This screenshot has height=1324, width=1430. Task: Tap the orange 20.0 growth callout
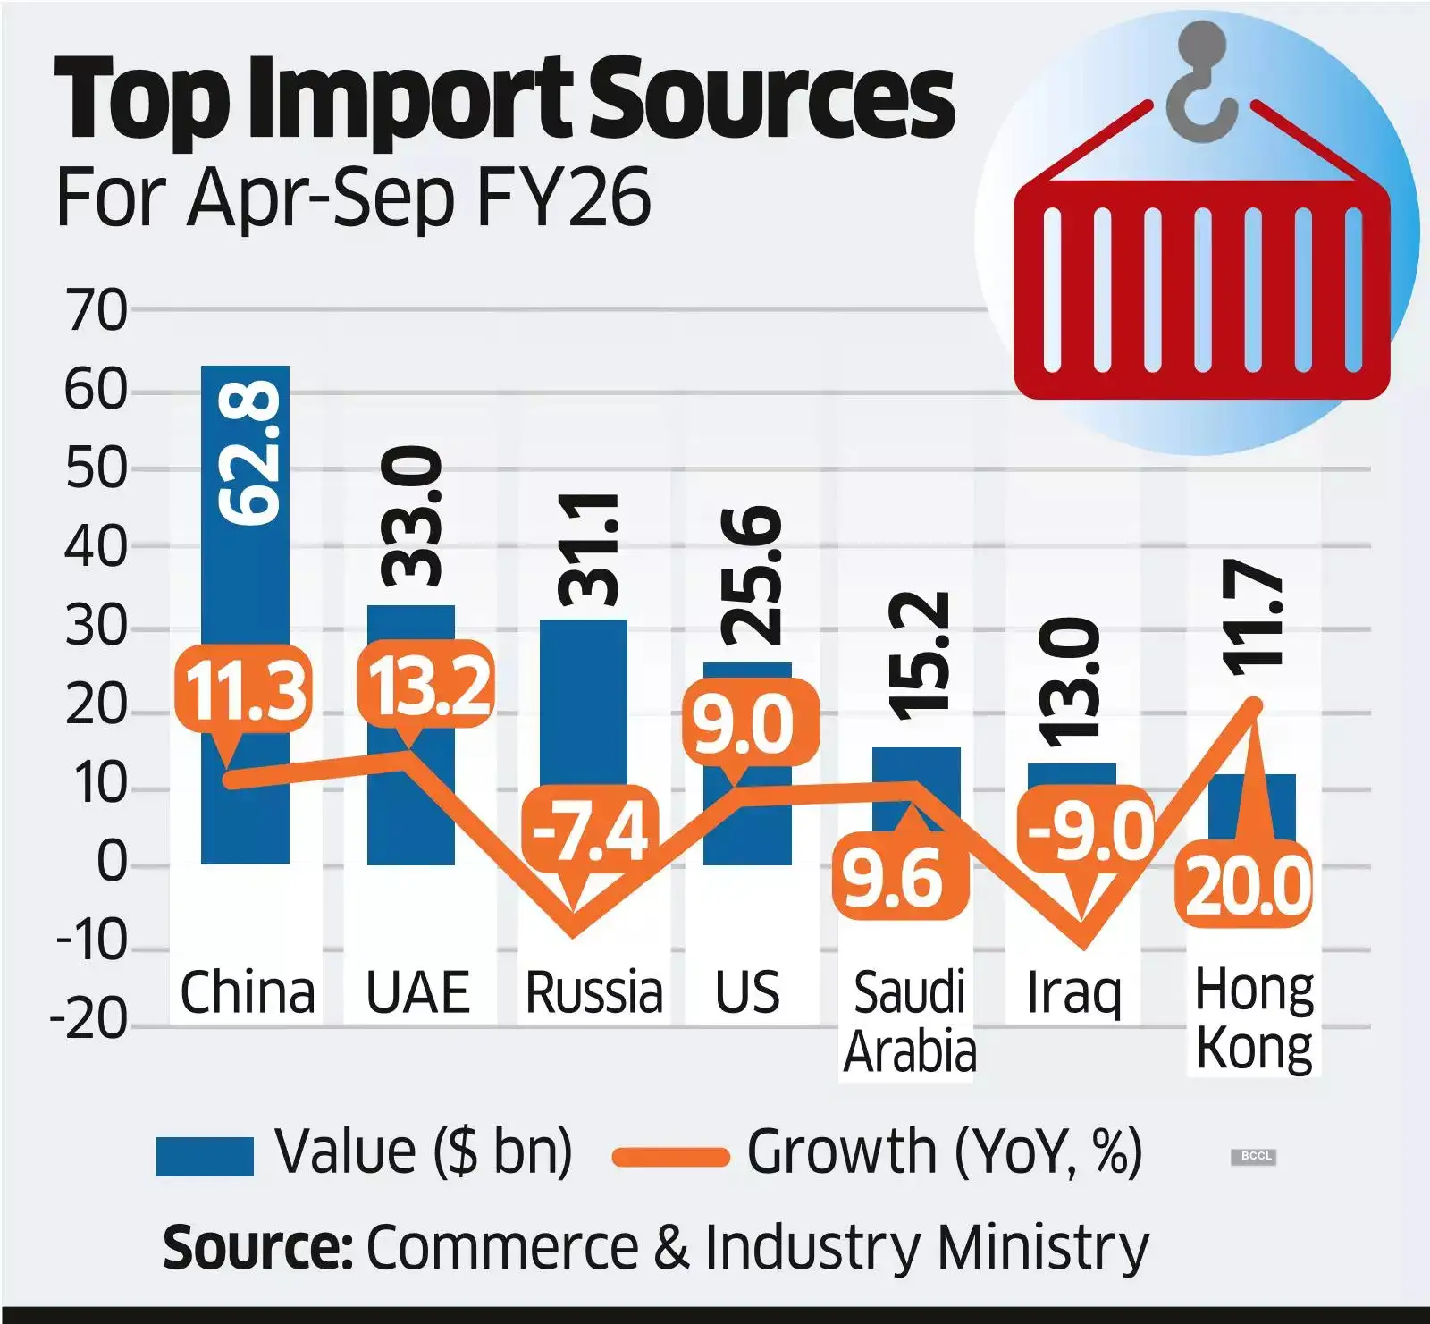pyautogui.click(x=1248, y=885)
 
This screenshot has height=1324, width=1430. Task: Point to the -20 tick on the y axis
pyautogui.click(x=89, y=1019)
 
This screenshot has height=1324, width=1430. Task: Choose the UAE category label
pyautogui.click(x=418, y=992)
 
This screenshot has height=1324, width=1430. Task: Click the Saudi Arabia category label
pyautogui.click(x=910, y=1022)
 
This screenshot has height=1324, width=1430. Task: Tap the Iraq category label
pyautogui.click(x=1073, y=993)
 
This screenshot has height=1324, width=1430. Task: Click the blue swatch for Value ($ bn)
pyautogui.click(x=205, y=1156)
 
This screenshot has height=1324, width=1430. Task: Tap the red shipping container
pyautogui.click(x=1201, y=291)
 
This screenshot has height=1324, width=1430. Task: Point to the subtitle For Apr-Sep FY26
pyautogui.click(x=353, y=198)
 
